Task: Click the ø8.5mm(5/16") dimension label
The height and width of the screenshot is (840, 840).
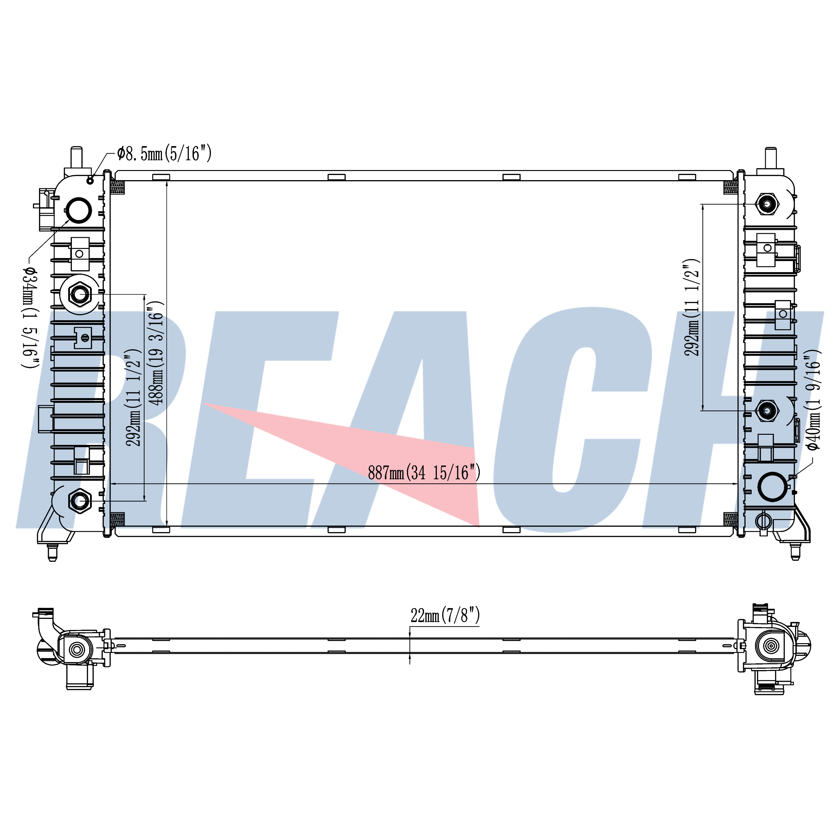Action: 164,154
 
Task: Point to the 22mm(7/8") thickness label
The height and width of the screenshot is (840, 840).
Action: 445,615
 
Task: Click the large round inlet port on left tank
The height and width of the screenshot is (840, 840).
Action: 79,210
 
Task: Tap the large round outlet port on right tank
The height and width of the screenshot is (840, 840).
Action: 772,487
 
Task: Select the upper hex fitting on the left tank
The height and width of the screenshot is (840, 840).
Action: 80,294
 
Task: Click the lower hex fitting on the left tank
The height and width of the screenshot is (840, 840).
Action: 80,501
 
